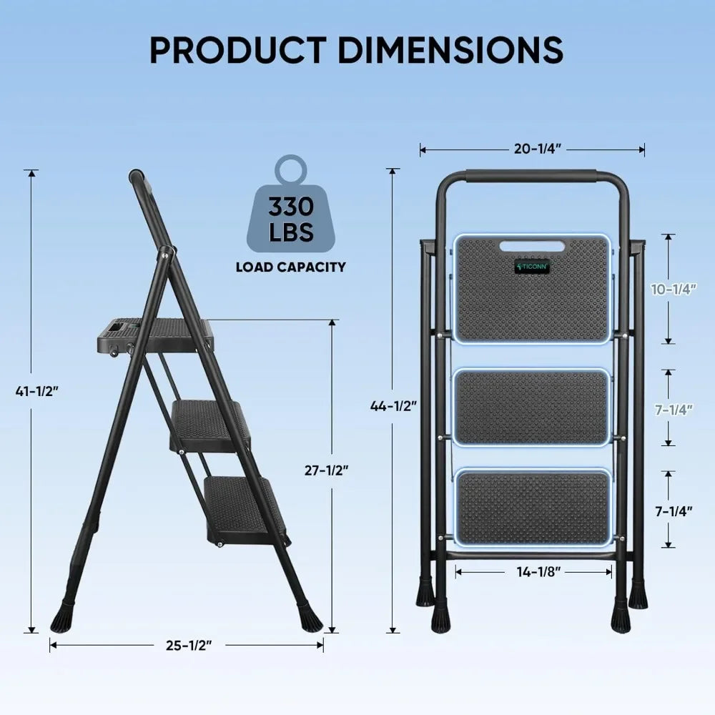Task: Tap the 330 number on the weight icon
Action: pyautogui.click(x=291, y=207)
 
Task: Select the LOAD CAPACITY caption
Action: pyautogui.click(x=291, y=267)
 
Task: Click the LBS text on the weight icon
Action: pyautogui.click(x=292, y=233)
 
